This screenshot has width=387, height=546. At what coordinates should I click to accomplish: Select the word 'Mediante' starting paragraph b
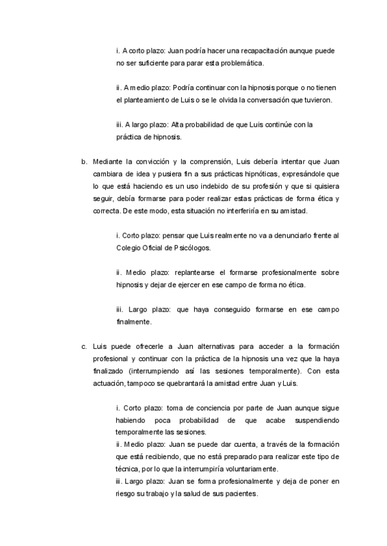[x=108, y=162]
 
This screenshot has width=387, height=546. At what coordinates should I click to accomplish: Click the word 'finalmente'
[x=134, y=321]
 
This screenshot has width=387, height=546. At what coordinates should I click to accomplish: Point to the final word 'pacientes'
[x=240, y=493]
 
